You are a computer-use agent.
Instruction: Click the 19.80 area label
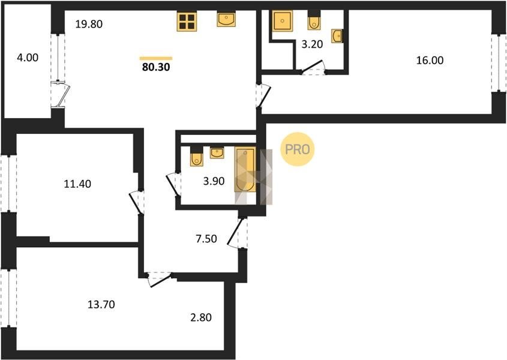coord(89,24)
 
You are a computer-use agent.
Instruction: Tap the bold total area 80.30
coord(156,67)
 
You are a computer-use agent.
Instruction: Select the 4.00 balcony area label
coord(28,58)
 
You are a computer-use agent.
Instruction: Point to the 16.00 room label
coord(430,61)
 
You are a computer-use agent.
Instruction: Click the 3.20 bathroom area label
coord(312,44)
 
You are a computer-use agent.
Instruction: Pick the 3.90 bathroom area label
coord(214,181)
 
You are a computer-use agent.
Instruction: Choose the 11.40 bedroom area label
coord(77,184)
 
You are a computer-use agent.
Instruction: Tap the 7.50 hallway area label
coord(206,239)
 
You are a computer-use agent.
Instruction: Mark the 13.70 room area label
coord(101,305)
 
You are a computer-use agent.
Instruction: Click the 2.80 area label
coord(201,317)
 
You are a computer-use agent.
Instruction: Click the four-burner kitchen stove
coord(187,22)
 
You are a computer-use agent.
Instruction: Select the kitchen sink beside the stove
coord(226,19)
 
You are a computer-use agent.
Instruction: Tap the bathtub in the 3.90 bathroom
coord(245,169)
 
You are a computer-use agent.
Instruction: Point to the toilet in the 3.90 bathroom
coord(196,157)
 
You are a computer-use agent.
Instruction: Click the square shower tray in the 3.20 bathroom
coord(282,21)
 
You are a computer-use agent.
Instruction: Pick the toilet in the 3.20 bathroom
coord(314,21)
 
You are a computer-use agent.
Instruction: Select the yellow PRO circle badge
coord(298,149)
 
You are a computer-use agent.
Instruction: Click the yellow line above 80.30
coord(156,58)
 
